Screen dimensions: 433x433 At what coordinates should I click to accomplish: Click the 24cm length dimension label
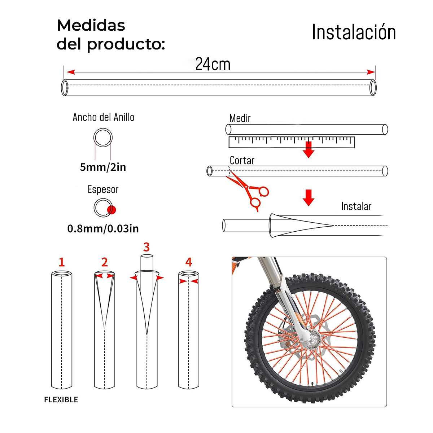(213, 64)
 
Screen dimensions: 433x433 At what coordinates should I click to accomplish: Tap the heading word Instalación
(354, 32)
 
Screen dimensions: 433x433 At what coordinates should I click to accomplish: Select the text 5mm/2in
(103, 167)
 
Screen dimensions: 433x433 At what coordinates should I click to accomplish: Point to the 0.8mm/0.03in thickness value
(103, 228)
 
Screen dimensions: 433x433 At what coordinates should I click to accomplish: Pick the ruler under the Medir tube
(292, 142)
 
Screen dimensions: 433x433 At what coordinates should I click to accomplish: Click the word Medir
(240, 118)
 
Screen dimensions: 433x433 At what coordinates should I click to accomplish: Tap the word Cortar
(242, 160)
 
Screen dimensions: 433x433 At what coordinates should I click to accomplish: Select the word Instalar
(356, 206)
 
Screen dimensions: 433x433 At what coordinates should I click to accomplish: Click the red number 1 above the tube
(62, 262)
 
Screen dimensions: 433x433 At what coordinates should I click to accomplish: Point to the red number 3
(146, 247)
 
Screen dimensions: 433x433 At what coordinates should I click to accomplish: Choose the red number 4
(188, 262)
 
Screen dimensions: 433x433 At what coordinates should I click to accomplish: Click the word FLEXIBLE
(61, 399)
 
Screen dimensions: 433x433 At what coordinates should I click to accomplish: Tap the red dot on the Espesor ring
(111, 210)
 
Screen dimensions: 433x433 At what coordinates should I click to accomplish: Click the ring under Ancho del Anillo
(103, 138)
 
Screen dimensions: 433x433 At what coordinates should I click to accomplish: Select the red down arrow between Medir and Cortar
(308, 150)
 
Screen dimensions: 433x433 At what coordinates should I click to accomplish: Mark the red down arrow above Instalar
(308, 197)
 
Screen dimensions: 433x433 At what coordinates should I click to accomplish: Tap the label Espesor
(103, 189)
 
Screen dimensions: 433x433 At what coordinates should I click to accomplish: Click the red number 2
(104, 262)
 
